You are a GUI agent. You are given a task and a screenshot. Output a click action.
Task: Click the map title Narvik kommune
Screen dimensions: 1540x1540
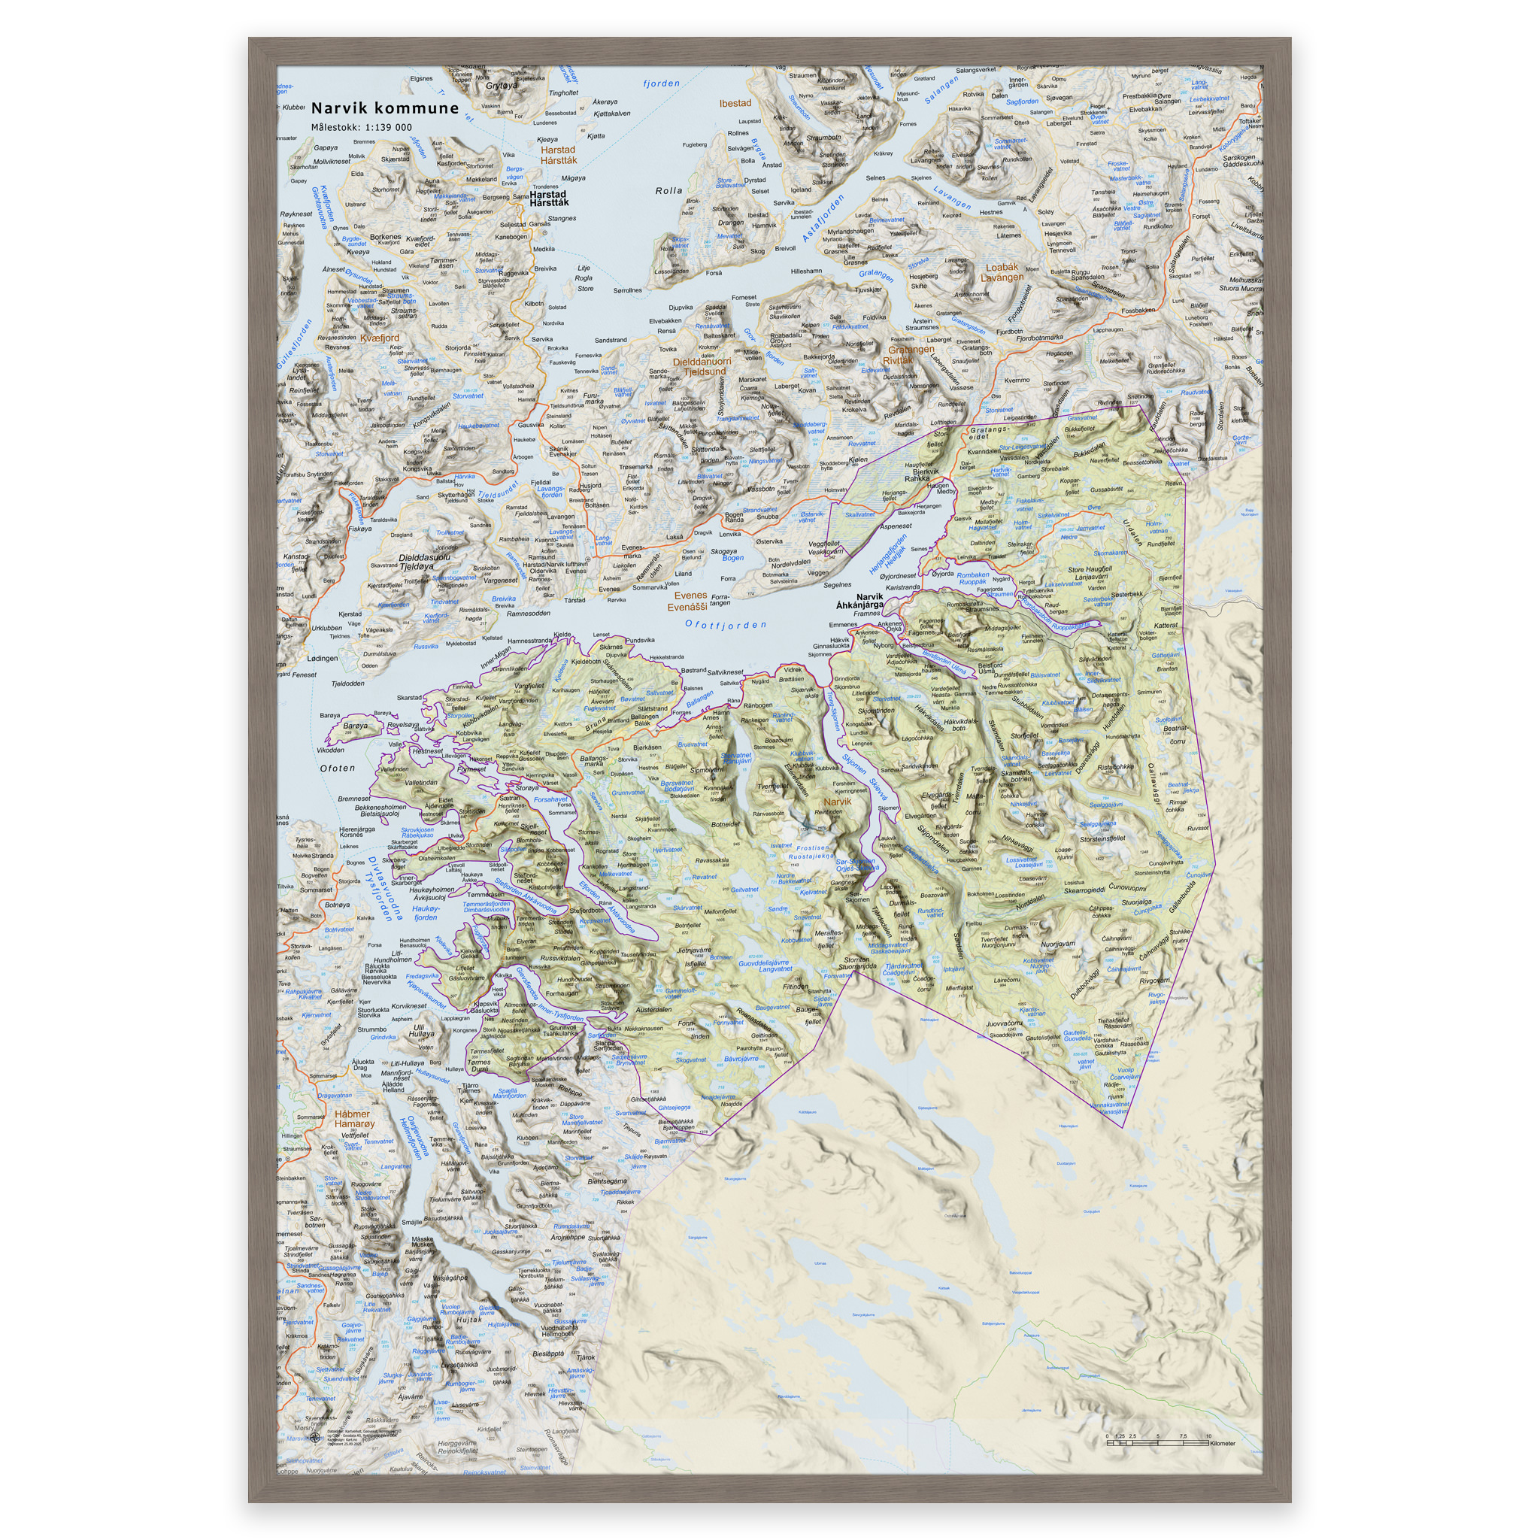click(385, 108)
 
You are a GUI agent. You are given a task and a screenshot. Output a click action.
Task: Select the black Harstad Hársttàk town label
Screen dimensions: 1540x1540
click(548, 198)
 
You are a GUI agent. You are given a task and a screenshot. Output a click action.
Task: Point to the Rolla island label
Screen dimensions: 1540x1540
click(668, 190)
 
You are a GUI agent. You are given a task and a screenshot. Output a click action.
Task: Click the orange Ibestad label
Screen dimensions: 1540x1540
click(735, 104)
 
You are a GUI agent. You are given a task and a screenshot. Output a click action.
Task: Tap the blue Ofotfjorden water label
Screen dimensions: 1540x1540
click(726, 625)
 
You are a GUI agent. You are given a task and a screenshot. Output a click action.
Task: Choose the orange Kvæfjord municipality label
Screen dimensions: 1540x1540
click(380, 338)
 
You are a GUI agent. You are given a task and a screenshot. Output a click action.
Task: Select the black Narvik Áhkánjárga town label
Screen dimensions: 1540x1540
click(859, 600)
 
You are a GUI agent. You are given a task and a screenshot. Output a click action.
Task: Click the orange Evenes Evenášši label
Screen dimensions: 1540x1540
click(688, 601)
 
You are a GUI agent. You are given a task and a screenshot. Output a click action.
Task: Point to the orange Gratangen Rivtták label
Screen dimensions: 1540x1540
click(911, 355)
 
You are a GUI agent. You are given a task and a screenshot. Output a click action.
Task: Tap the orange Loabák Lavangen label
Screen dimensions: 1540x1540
click(1002, 273)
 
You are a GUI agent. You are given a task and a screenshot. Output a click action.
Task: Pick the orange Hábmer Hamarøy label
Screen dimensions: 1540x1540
click(354, 1119)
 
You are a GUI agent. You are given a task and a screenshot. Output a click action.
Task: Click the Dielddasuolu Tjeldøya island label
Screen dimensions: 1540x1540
click(424, 562)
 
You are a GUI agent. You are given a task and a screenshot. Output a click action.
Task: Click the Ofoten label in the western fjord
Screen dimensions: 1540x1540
click(337, 768)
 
